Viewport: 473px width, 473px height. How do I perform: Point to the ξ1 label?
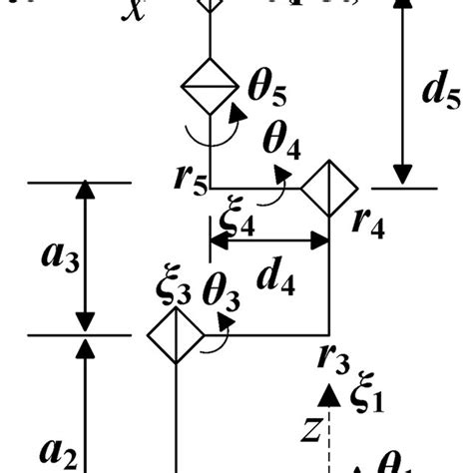click(366, 393)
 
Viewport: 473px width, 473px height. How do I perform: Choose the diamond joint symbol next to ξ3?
click(176, 336)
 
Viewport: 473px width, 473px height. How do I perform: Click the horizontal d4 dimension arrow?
click(268, 239)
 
